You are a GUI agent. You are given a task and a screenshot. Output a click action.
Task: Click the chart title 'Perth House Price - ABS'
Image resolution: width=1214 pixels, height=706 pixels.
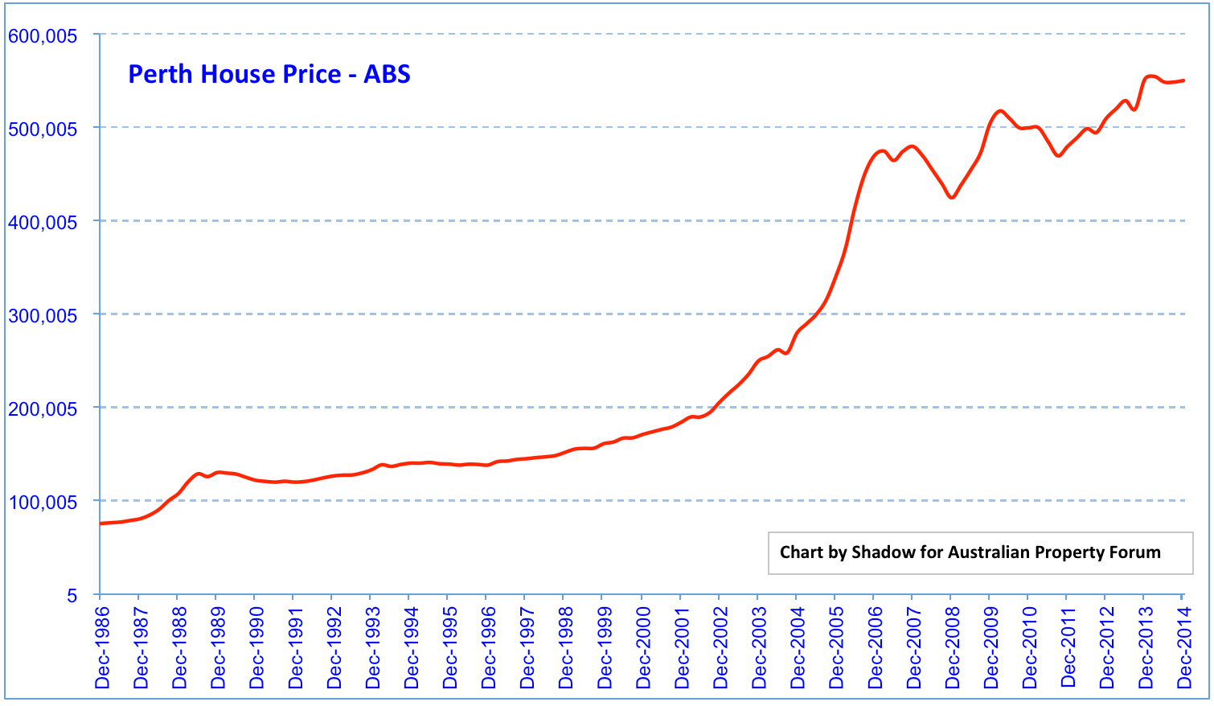(x=269, y=74)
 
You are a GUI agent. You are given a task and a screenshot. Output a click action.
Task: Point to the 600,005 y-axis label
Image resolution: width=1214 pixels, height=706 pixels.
(x=43, y=36)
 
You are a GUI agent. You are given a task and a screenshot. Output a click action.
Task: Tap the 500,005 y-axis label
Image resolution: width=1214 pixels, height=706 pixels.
(x=43, y=129)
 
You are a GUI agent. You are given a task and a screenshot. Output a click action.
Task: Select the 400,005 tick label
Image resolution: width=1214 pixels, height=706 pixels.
(x=43, y=223)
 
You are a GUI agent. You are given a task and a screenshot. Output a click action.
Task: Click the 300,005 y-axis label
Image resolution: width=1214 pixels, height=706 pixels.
(x=43, y=316)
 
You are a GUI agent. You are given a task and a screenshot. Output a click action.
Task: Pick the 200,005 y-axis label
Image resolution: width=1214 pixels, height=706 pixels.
(x=43, y=409)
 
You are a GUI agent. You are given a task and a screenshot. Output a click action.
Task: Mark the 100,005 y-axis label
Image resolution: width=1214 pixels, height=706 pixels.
(x=43, y=503)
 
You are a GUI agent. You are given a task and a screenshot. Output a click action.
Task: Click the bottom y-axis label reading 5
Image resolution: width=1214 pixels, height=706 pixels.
(x=72, y=596)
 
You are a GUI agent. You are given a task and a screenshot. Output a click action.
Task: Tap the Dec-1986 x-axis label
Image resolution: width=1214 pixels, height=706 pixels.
(x=102, y=648)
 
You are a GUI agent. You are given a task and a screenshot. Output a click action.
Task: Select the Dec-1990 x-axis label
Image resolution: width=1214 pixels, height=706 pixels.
(x=256, y=648)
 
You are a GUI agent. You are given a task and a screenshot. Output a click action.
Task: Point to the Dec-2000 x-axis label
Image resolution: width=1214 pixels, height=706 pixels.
(x=643, y=648)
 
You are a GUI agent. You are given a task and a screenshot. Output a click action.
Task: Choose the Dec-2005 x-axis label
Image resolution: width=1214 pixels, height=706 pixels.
(x=836, y=648)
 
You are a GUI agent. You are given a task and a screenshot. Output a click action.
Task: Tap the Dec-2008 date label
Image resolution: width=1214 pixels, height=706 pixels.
(x=952, y=648)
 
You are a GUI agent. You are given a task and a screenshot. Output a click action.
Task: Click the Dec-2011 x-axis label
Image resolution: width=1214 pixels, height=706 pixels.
(x=1068, y=648)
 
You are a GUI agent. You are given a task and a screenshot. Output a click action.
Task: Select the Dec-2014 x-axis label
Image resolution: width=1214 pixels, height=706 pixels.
(x=1184, y=648)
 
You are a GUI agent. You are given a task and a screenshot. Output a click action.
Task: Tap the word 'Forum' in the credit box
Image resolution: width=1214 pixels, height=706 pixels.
(x=1137, y=552)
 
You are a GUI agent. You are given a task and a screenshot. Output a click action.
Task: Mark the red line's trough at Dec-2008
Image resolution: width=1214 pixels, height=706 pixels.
(x=952, y=197)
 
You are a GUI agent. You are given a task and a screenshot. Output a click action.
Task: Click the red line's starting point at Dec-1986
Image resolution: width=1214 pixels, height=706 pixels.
(x=100, y=523)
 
